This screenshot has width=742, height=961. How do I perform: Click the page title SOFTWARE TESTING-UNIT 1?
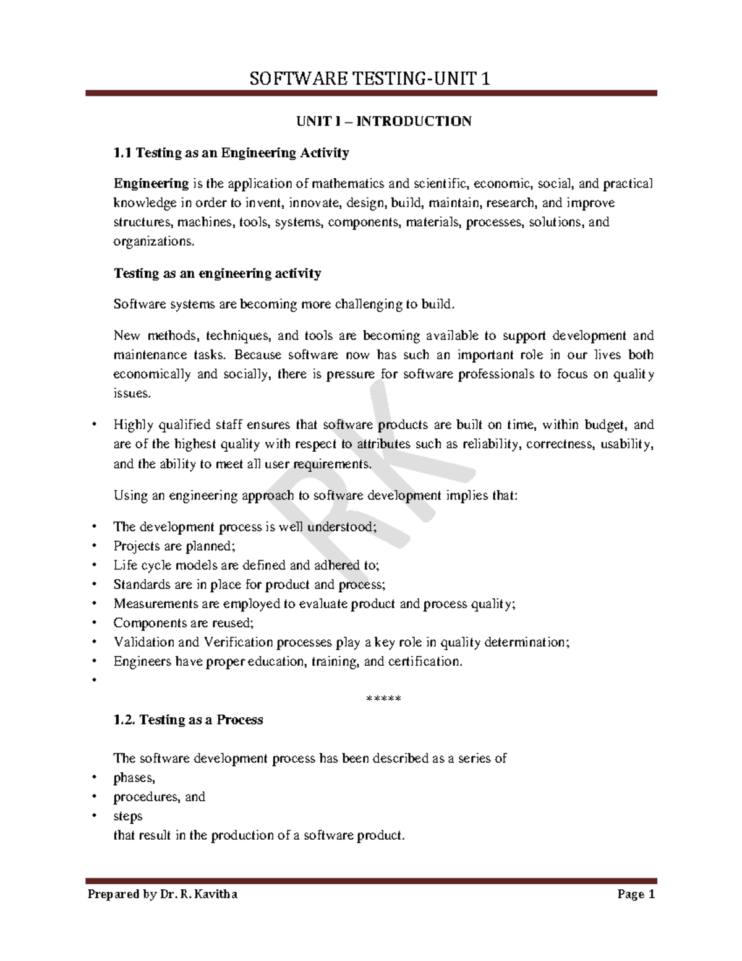(369, 79)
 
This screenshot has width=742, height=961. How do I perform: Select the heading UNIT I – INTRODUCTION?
(384, 121)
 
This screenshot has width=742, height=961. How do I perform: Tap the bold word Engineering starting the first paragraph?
(151, 183)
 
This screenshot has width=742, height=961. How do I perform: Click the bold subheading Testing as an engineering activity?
(217, 273)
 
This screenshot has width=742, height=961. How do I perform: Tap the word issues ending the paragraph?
(131, 393)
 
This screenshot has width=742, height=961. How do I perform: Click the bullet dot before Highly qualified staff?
(94, 424)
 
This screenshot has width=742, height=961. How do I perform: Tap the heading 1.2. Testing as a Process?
(189, 720)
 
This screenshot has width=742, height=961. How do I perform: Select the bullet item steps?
(128, 816)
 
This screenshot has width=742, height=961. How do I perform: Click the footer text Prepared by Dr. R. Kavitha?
(162, 894)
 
